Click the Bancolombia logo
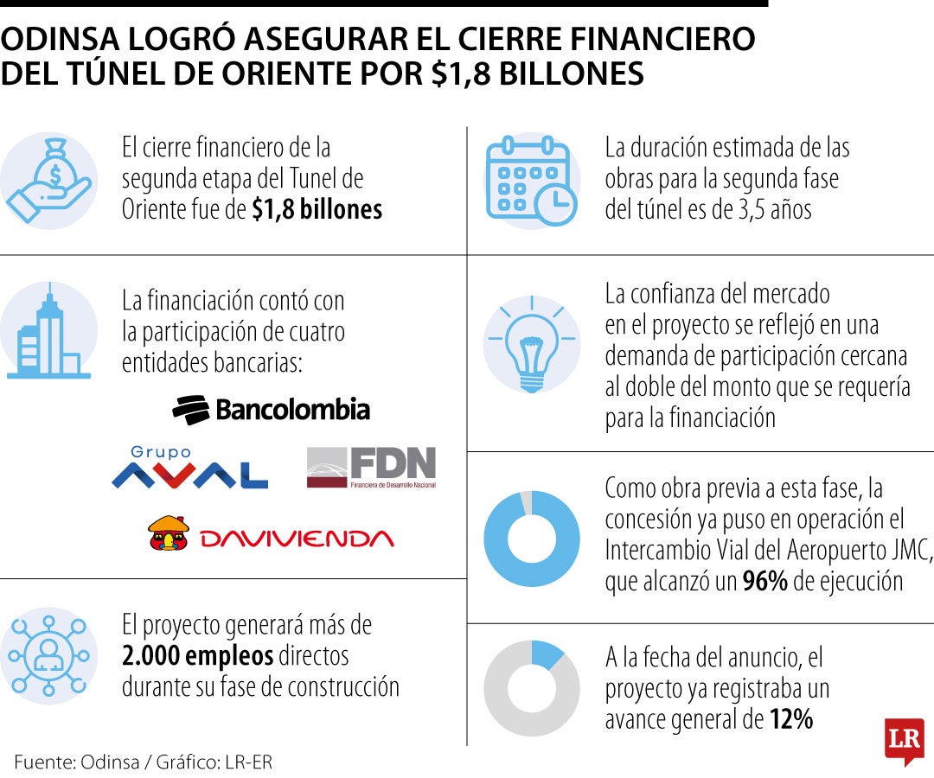(271, 409)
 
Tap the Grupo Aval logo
(189, 469)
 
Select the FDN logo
(371, 468)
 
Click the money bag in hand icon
(48, 181)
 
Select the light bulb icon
(530, 344)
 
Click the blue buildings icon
(48, 333)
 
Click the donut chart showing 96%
(531, 538)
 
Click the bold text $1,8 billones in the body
(317, 210)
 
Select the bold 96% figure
(764, 582)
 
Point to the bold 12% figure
(790, 719)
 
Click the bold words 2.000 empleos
(197, 655)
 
